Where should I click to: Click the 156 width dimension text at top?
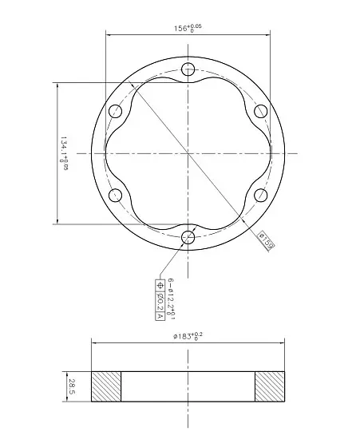pos(188,28)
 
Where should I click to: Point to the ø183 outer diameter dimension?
pos(188,337)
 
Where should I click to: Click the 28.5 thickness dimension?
pos(71,386)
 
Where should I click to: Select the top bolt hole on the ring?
pos(188,69)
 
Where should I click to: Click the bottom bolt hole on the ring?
pos(188,237)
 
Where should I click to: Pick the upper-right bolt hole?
pos(261,111)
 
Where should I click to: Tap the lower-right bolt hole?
pos(261,195)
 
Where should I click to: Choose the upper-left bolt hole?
pos(116,111)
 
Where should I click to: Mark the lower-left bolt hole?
pos(116,195)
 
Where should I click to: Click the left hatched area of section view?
pos(106,386)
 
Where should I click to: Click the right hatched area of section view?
pos(270,386)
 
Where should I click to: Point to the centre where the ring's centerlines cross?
pos(188,152)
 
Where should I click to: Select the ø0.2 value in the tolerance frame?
pos(159,300)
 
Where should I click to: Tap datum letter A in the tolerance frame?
pos(159,315)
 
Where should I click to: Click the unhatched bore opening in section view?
pos(188,386)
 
